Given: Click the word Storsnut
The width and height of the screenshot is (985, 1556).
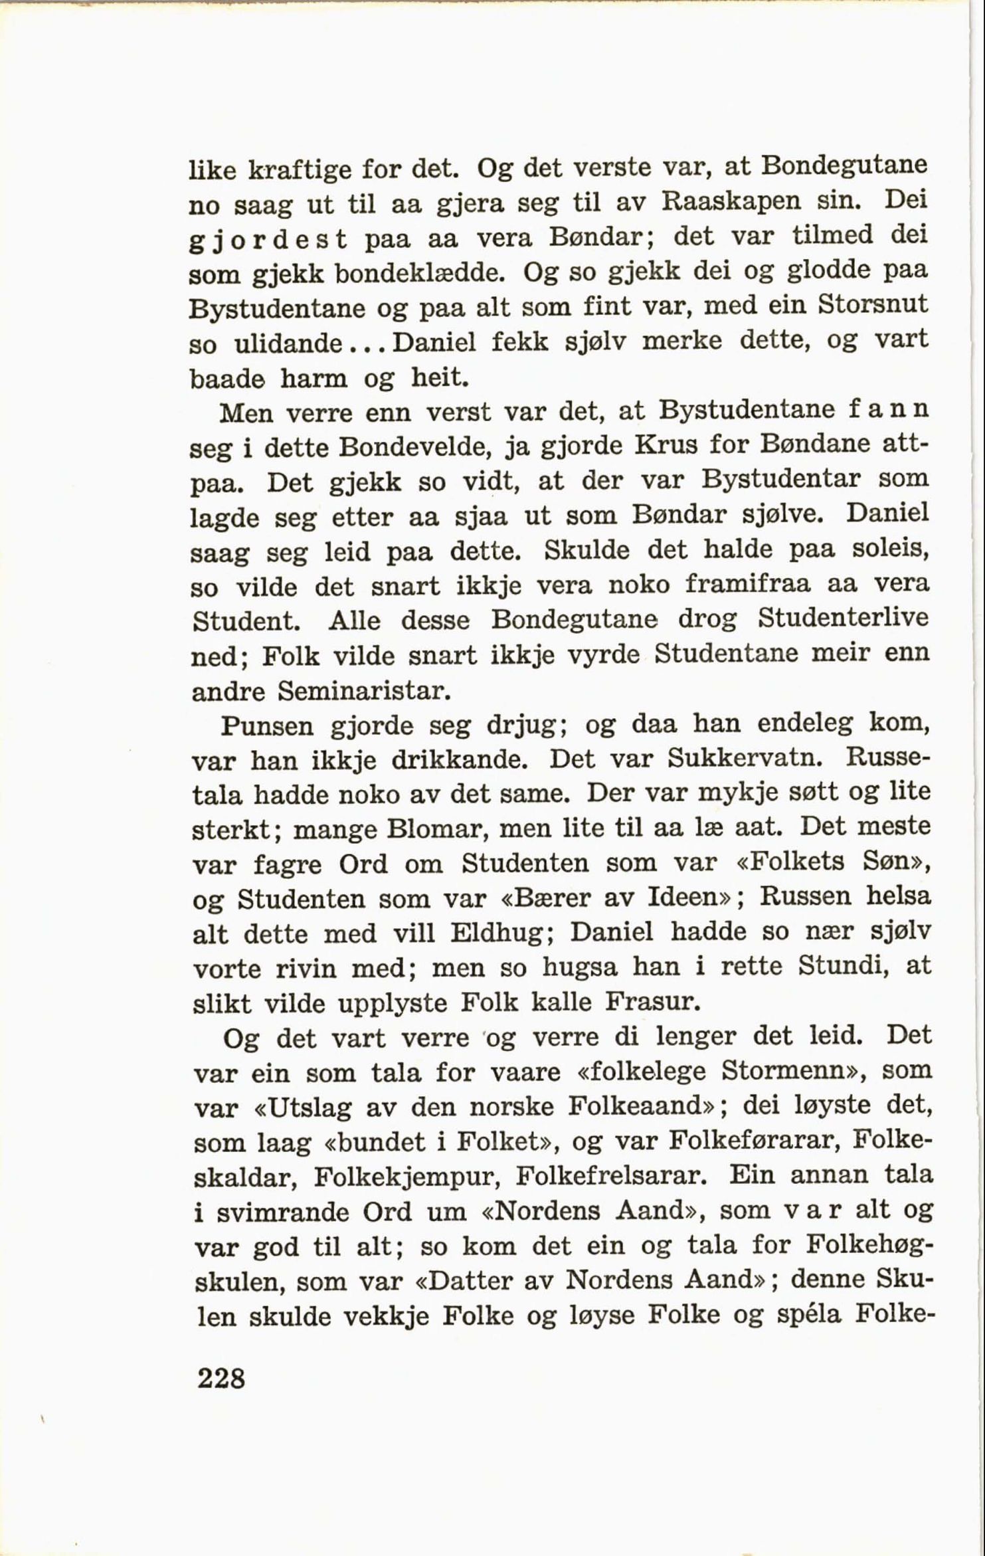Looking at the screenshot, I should tap(872, 306).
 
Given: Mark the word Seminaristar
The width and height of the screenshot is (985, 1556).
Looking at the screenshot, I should tap(365, 692).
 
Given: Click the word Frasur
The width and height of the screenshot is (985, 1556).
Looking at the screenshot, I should tap(653, 1002).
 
